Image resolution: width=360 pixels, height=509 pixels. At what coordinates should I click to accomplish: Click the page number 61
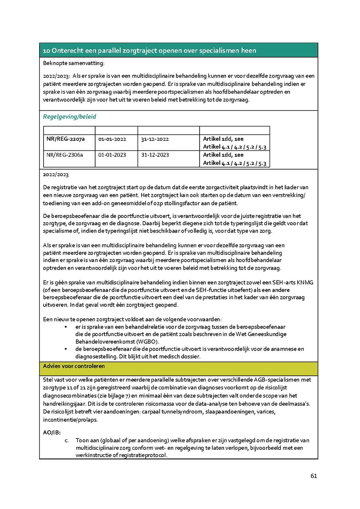(314, 476)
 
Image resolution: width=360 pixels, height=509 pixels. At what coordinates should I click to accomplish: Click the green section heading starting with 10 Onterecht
(150, 51)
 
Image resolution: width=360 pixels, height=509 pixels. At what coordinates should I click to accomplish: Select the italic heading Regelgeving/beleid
(70, 117)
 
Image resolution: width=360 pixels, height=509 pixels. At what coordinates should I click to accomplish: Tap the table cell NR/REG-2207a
(64, 139)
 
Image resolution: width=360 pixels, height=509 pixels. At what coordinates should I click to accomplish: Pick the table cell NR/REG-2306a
(64, 155)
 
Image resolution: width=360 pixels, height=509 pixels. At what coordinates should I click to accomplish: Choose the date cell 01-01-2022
(112, 139)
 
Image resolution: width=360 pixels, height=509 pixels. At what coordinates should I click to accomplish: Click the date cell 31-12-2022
(155, 139)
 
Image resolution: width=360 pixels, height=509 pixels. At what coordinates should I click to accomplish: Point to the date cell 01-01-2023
(112, 155)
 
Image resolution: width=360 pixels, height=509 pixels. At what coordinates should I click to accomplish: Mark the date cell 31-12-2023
(155, 155)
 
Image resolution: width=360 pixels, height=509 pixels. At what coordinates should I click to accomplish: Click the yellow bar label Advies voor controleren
(74, 366)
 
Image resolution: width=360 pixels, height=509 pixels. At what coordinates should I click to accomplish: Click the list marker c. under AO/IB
(67, 440)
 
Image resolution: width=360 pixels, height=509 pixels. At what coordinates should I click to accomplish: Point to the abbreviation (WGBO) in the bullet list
(146, 341)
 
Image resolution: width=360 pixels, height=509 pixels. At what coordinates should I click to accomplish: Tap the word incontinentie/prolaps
(69, 420)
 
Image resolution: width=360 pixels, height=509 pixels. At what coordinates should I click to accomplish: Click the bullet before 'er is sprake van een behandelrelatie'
(66, 327)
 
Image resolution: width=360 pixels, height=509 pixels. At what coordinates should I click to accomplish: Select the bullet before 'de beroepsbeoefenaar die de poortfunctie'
(66, 349)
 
